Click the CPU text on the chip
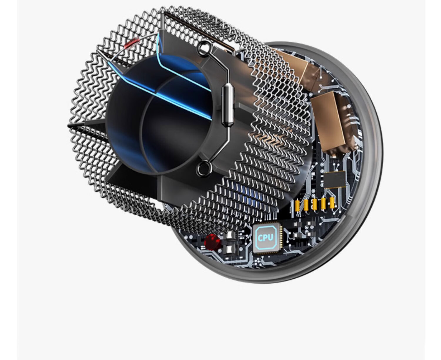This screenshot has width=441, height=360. [x=265, y=238]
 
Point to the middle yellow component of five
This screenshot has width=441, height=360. [x=315, y=204]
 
